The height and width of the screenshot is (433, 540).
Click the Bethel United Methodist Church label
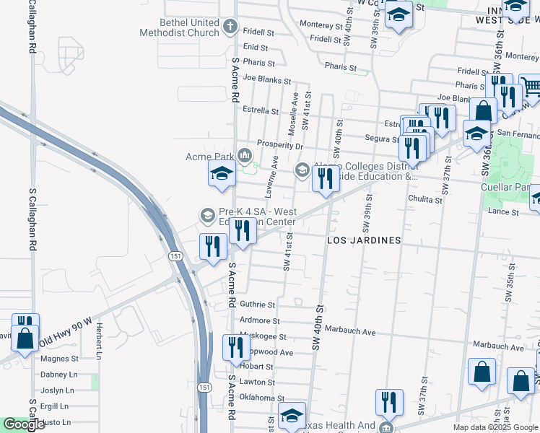[x=180, y=27]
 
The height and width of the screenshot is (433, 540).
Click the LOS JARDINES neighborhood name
[x=364, y=240]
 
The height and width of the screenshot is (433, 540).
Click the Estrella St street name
[x=261, y=111]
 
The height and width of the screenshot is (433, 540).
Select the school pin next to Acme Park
[x=222, y=173]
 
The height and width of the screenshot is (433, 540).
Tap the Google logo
[x=24, y=424]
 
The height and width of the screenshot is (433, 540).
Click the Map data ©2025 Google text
[x=495, y=427]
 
